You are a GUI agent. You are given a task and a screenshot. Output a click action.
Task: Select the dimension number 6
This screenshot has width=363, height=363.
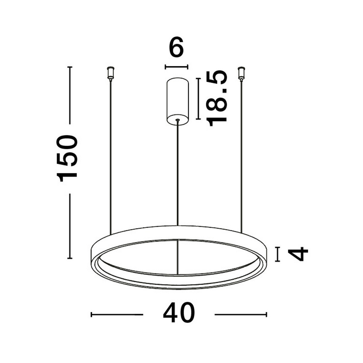click(x=176, y=48)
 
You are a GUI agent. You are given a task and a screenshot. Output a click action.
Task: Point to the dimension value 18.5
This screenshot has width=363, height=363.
click(x=217, y=98)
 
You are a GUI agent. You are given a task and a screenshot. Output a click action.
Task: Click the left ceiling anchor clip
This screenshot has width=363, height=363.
click(x=111, y=73)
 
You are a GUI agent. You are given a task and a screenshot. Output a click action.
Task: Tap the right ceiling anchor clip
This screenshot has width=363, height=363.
click(x=241, y=73)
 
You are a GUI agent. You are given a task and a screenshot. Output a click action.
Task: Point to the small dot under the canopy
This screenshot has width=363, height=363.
click(x=178, y=120)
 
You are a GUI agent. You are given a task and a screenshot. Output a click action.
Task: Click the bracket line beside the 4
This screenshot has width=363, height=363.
click(x=277, y=254)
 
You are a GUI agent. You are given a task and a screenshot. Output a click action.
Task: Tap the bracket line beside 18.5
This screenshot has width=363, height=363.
click(x=198, y=99)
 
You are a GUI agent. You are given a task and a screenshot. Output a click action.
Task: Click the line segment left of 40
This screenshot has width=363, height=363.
click(x=117, y=315)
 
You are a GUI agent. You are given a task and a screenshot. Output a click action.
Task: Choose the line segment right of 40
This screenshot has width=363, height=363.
click(x=240, y=315)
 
